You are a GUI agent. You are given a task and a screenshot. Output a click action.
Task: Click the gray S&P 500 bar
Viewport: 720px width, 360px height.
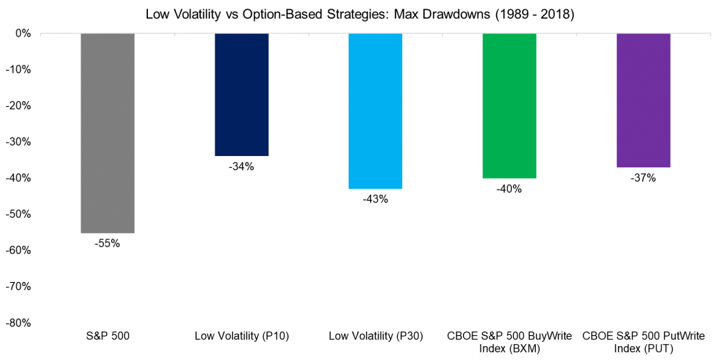coord(107,133)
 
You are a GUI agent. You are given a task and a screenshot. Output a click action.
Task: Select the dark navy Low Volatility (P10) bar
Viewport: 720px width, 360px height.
coord(241,94)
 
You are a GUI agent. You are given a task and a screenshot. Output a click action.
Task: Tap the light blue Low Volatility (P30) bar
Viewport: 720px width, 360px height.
coord(375,111)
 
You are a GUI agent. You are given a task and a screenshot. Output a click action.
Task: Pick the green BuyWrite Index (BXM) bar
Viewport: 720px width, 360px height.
coord(509,105)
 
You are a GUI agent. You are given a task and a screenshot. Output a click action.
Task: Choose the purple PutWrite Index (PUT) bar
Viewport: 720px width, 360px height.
coord(643,100)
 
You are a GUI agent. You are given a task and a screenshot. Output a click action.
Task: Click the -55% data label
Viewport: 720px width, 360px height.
coord(107,244)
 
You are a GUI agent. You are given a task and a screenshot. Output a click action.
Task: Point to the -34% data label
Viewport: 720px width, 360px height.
coord(241,167)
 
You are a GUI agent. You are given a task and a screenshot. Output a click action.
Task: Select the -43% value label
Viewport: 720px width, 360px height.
coord(375,199)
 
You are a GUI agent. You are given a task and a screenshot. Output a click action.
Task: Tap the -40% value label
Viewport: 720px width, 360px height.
coord(509,189)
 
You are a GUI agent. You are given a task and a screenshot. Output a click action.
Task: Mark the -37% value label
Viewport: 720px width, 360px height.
coord(643,178)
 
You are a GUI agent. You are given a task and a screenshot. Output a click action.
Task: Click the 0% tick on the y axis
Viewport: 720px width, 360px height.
coord(24,33)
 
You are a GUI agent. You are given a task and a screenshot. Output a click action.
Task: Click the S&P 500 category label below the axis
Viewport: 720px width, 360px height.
coord(107,337)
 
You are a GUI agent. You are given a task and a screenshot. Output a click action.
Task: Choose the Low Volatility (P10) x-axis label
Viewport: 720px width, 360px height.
coord(241,337)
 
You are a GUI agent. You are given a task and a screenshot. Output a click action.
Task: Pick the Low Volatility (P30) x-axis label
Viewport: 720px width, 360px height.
coord(375,337)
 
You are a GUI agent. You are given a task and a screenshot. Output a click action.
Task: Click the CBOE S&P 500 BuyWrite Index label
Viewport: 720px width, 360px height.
coord(509,341)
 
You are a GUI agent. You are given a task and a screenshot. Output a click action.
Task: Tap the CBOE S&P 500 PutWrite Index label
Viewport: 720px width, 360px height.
coord(643,341)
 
